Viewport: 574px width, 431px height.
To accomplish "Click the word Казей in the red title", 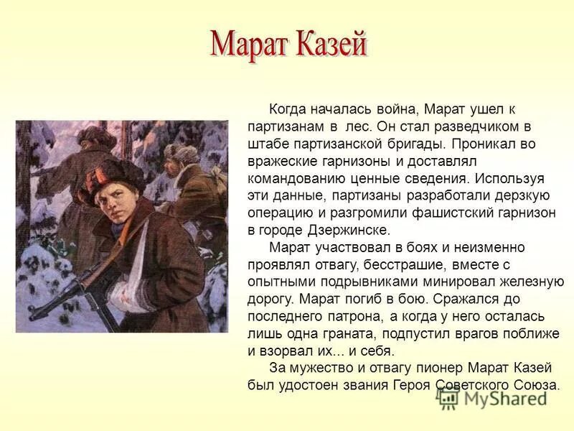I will point(332,45).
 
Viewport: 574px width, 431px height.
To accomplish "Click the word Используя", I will point(509,179).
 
